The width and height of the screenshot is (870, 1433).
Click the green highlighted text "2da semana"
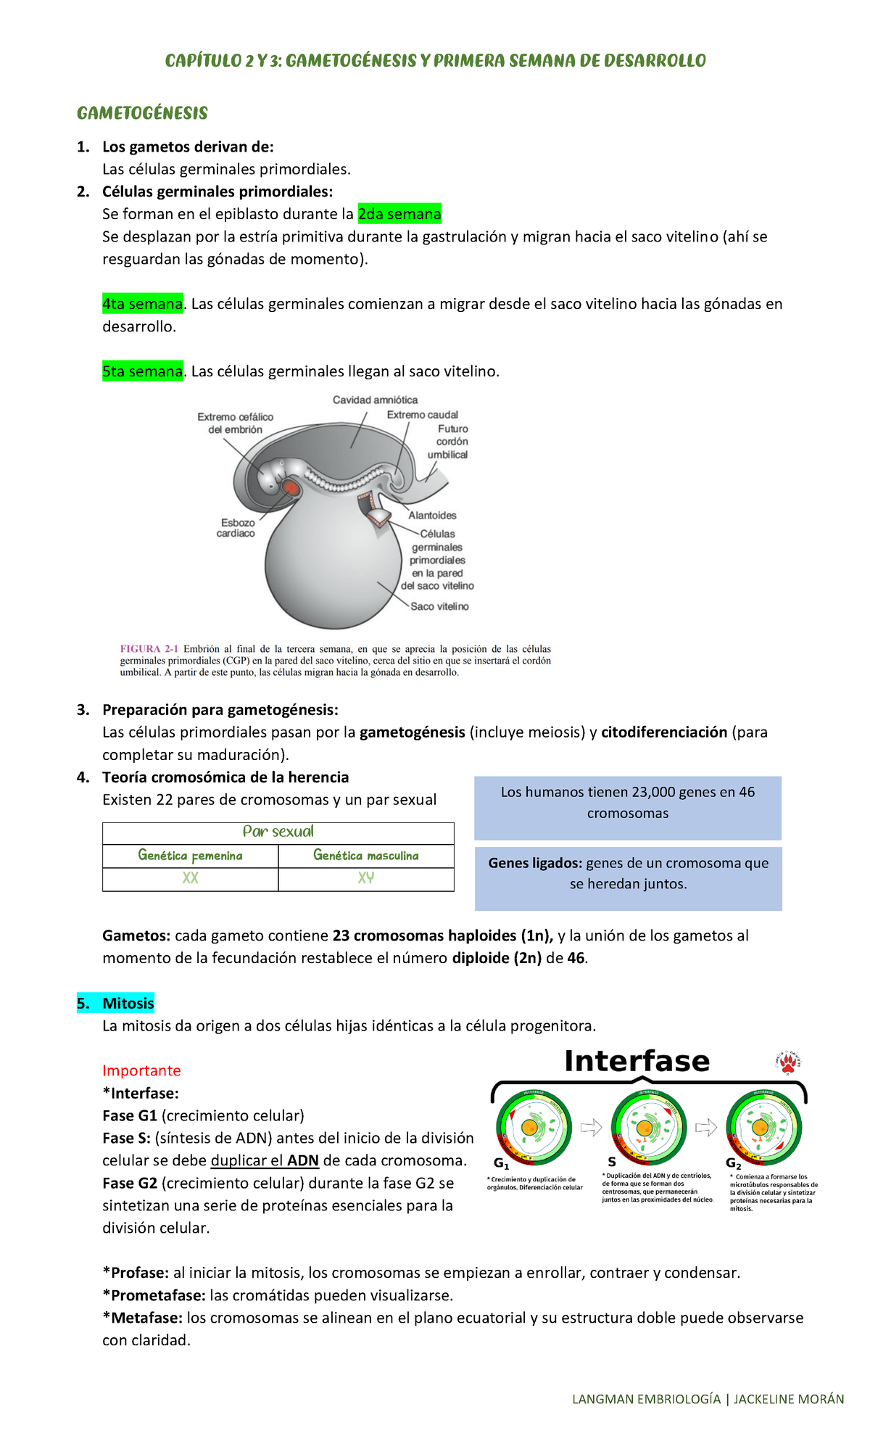399,214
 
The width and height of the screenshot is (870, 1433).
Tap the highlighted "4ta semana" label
142,304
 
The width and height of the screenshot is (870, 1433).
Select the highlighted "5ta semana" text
142,371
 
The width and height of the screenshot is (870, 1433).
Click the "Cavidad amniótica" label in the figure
375,400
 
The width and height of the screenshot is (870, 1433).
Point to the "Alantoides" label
432,516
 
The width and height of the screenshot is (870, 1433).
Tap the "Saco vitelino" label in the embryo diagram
439,606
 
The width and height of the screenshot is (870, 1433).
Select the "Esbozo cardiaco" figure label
236,528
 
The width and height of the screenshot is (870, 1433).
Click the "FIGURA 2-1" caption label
149,649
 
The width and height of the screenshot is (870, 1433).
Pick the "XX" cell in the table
190,878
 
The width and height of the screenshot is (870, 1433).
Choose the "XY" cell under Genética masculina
366,878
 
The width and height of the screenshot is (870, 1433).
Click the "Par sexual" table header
278,832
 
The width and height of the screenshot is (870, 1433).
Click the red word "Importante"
141,1070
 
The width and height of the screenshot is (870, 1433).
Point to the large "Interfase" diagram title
637,1061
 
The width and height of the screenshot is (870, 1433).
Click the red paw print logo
788,1063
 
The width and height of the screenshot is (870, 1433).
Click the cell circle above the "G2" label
763,1128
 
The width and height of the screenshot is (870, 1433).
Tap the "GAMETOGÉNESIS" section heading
142,113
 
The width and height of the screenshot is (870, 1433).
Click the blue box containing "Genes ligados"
628,878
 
